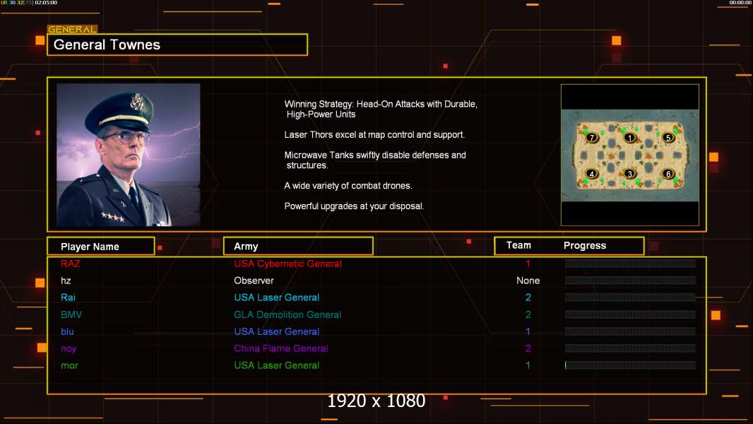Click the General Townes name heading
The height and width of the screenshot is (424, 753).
tap(107, 45)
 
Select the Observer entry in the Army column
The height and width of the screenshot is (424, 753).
tap(254, 281)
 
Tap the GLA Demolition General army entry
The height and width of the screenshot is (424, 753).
tap(287, 314)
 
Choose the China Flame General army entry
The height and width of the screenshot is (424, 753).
tap(281, 348)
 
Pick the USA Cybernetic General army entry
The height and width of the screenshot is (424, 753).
tap(287, 264)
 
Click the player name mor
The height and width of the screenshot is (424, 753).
tap(69, 365)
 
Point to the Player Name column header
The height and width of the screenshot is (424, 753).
tap(90, 247)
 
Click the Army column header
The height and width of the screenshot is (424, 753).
tap(246, 247)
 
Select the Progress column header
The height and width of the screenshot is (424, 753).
tap(585, 246)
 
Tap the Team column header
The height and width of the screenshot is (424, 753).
tap(518, 245)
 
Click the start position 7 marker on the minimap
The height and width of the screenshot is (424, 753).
tap(592, 138)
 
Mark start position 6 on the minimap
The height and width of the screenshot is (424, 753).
tap(668, 174)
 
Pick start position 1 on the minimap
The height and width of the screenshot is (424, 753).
tap(630, 138)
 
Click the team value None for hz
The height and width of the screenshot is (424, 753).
tap(528, 281)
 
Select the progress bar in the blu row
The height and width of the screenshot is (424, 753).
tap(630, 331)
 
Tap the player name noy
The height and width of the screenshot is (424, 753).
tap(69, 348)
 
